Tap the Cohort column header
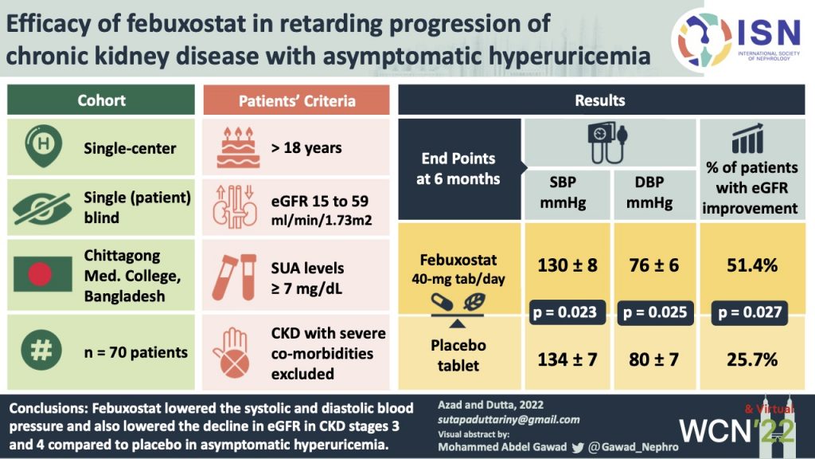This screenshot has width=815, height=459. [x=100, y=101]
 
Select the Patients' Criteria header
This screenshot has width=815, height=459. [x=297, y=101]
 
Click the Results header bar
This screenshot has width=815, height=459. [x=599, y=101]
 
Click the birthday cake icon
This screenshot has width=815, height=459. [x=232, y=147]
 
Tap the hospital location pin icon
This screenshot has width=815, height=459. [x=37, y=147]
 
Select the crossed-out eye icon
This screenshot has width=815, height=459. [x=37, y=206]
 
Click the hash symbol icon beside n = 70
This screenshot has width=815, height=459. [x=37, y=351]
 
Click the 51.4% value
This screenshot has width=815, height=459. [x=751, y=265]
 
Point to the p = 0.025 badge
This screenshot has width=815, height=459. [x=654, y=312]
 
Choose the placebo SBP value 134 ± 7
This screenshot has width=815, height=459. [x=567, y=359]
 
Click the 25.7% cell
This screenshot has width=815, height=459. [x=751, y=359]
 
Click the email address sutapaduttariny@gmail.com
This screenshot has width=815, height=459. [x=509, y=420]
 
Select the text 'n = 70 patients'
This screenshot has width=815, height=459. [x=136, y=352]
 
